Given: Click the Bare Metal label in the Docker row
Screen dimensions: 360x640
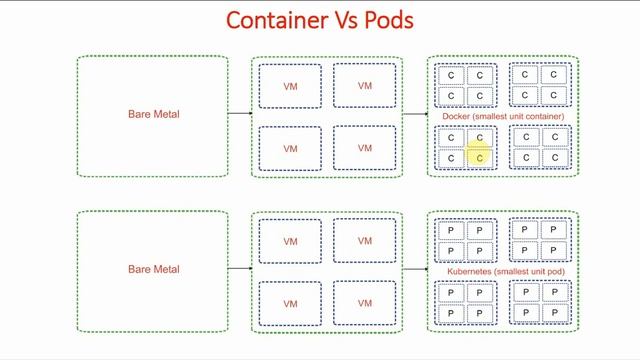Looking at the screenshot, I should coord(153,114).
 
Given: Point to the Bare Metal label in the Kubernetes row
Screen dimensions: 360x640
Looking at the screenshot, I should coord(153,269).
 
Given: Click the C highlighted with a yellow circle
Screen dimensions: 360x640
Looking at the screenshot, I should coord(479,157).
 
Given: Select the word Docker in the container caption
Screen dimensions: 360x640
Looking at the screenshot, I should coord(456,117).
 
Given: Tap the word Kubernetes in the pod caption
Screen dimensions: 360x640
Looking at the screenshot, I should coord(470,272).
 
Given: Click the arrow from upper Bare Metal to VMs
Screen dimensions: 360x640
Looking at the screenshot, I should coord(240,114).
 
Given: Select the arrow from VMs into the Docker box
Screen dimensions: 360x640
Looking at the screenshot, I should coord(414,114).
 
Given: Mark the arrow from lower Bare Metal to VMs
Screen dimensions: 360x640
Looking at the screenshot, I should coord(240,269).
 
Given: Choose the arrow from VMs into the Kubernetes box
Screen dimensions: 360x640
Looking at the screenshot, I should coord(414,269).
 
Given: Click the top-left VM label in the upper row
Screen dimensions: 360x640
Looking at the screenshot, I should coord(290,87).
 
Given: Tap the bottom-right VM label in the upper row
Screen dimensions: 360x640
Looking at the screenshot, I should coord(364,148).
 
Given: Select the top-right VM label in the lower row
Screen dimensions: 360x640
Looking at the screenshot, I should coord(364,241).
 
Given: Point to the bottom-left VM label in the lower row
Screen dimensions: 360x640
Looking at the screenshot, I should coord(290,304).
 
